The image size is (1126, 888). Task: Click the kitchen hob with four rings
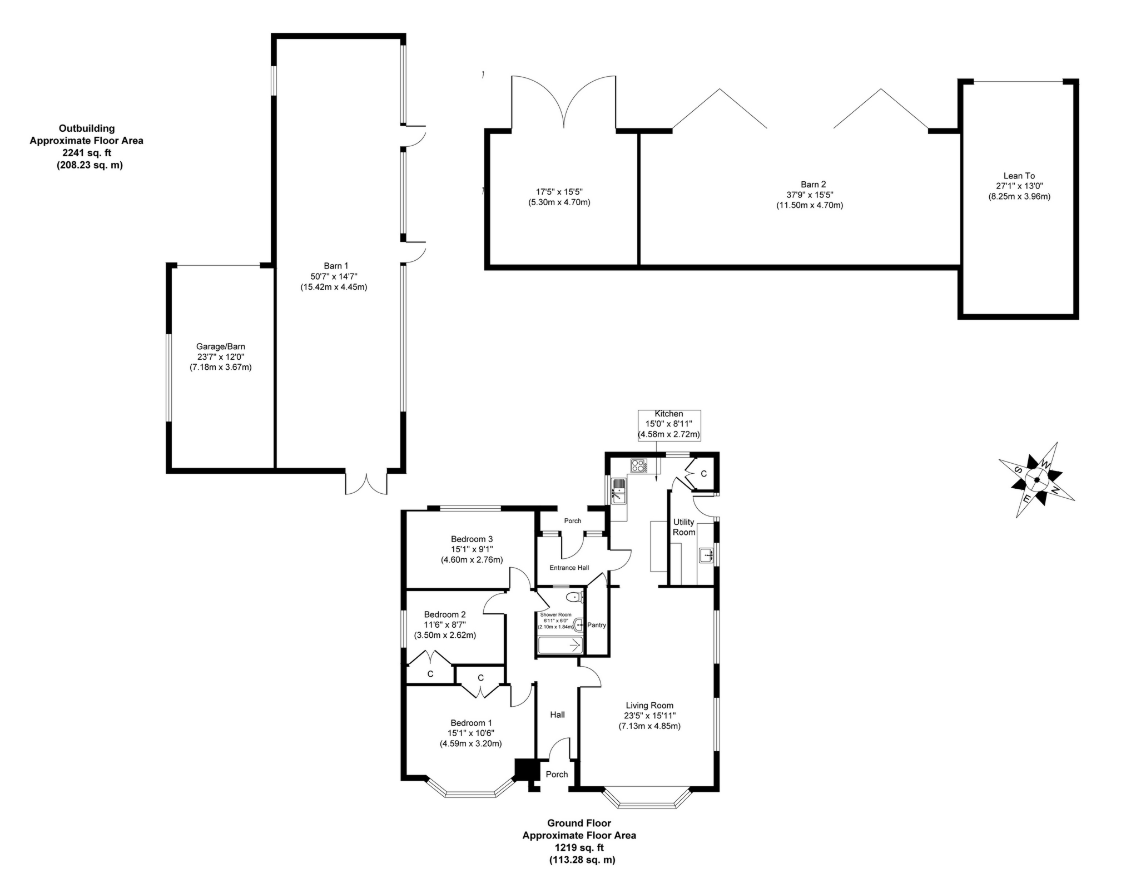[x=638, y=465]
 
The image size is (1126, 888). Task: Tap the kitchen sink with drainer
[x=618, y=490]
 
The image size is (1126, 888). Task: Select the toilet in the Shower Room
[x=575, y=598]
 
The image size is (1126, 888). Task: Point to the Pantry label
[x=597, y=625]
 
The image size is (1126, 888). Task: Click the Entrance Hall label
[x=569, y=568]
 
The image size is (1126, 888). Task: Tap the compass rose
[x=1036, y=479]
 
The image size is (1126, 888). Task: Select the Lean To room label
[x=1019, y=176]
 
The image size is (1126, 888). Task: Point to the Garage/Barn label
[x=220, y=346]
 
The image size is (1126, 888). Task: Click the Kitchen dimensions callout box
[x=669, y=425]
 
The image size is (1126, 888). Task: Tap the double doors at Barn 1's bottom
[x=366, y=482]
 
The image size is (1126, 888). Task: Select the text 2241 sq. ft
[x=86, y=153]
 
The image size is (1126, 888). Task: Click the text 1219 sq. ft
[x=579, y=847]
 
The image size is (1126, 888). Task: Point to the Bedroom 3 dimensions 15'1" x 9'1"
[x=472, y=549]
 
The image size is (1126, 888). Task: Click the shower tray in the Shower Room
[x=560, y=645]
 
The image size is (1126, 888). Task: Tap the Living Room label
[x=649, y=705]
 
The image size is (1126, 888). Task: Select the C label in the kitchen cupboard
[x=703, y=474]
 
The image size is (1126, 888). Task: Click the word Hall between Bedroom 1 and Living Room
[x=557, y=715]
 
